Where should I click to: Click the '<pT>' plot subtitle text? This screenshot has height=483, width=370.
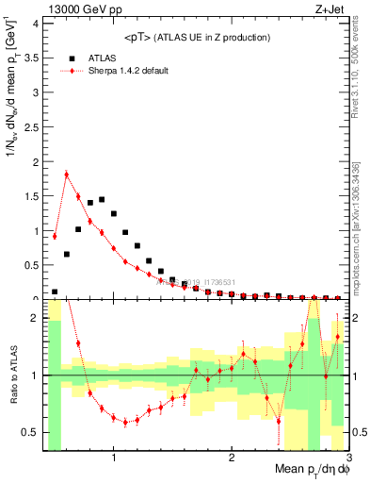coord(198,38)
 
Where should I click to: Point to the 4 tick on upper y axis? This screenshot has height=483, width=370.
coord(38,25)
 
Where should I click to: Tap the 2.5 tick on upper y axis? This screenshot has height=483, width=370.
coord(34,127)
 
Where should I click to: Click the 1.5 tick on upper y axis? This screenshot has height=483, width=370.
coord(34,196)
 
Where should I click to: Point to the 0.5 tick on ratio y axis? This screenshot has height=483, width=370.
coord(34,432)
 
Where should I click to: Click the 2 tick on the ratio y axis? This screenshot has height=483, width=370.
coord(38,318)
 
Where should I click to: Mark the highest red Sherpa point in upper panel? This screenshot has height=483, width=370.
coord(66,174)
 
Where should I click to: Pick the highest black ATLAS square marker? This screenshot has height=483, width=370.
coord(102,199)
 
